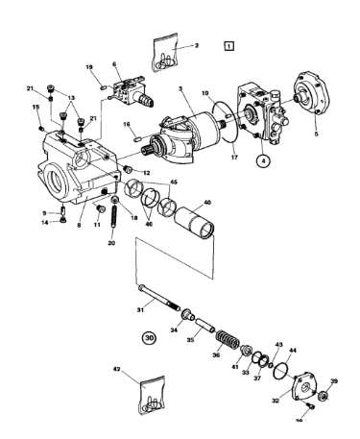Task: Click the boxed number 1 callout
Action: click(228, 44)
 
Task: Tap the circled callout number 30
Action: click(149, 337)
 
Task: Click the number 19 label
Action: click(89, 67)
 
